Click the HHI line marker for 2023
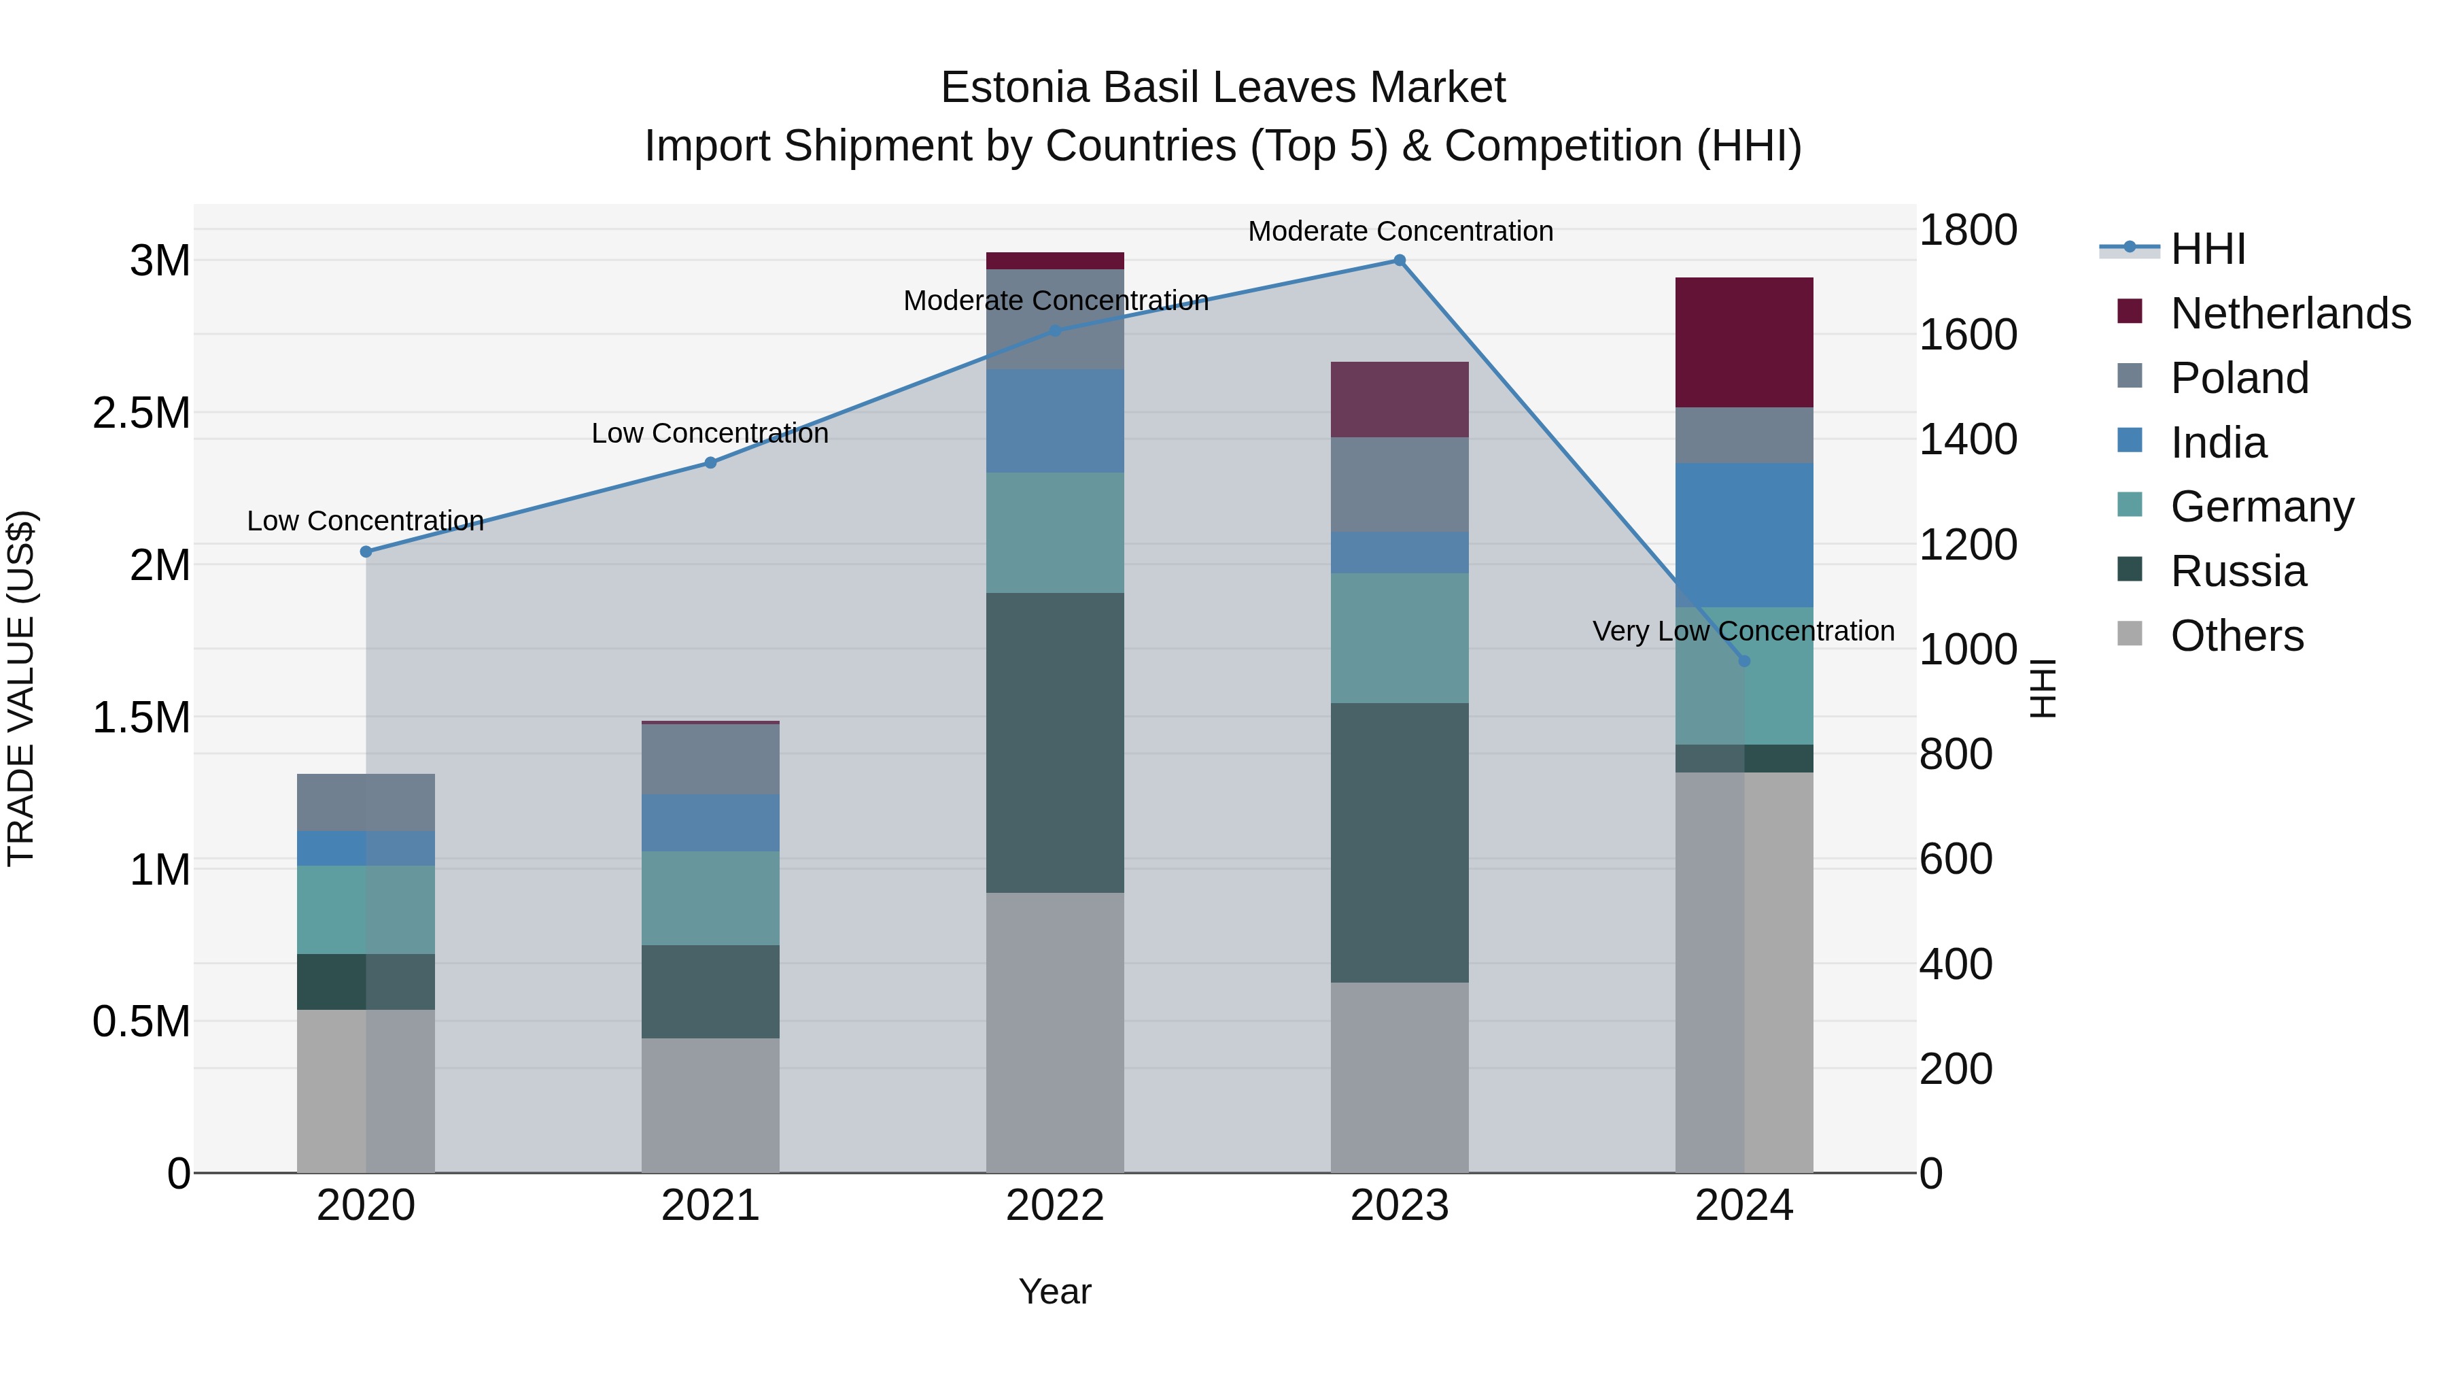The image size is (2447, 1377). (1400, 260)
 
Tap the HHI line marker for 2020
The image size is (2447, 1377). (366, 551)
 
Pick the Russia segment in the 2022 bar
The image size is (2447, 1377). (1054, 742)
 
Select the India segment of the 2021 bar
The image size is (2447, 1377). (710, 822)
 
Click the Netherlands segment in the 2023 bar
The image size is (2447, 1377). (1400, 399)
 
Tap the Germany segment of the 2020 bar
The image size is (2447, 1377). (366, 909)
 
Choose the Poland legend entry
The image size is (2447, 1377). (2239, 378)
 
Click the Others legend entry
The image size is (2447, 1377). (2236, 636)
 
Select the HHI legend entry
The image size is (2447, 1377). (2208, 249)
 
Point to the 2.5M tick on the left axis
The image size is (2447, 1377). (141, 413)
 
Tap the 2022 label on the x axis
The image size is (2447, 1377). (1054, 1206)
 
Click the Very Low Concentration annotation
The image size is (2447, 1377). (1743, 631)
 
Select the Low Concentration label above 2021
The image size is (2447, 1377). (710, 433)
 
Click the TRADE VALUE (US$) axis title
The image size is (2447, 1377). (21, 688)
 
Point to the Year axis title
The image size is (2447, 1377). (1054, 1291)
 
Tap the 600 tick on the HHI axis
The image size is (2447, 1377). (1955, 859)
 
